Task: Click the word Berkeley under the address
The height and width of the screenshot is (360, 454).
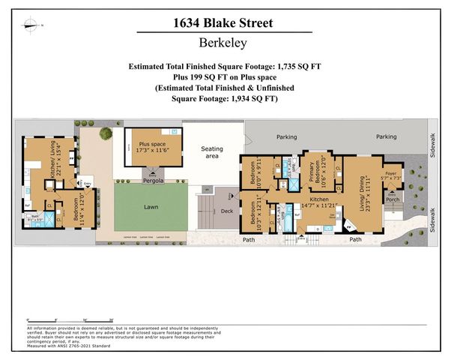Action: pos(226,43)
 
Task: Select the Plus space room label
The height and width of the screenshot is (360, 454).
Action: pos(152,145)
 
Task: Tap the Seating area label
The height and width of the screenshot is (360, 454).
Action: pos(213,153)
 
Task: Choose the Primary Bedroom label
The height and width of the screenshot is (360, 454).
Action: pos(315,173)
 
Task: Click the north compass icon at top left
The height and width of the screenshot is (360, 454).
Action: pos(31,25)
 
